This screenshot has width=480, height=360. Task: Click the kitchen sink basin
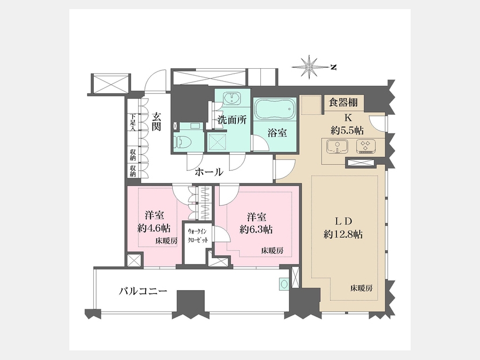coord(337,146)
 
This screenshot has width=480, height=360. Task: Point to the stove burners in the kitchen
coord(365,146)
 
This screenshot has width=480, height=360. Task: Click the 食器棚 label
coord(343,102)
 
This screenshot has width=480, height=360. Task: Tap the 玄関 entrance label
coord(156,122)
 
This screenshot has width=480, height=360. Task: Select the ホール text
coord(209,172)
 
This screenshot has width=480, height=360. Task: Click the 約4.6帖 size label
coord(154,228)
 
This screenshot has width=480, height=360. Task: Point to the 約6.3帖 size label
coord(256,229)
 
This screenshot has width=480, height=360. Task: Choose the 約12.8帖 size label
coord(343,235)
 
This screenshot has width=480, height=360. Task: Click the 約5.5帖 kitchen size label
coord(347,131)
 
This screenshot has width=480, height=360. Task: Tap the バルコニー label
coord(143,291)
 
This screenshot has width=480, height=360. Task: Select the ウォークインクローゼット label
coord(197,236)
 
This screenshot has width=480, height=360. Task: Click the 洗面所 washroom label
coord(232,120)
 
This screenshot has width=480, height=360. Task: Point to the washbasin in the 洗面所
coord(232,98)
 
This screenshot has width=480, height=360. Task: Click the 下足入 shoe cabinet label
coord(133,123)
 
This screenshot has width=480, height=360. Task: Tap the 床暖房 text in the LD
coord(362,288)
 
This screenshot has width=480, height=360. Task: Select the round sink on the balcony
coord(284,284)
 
